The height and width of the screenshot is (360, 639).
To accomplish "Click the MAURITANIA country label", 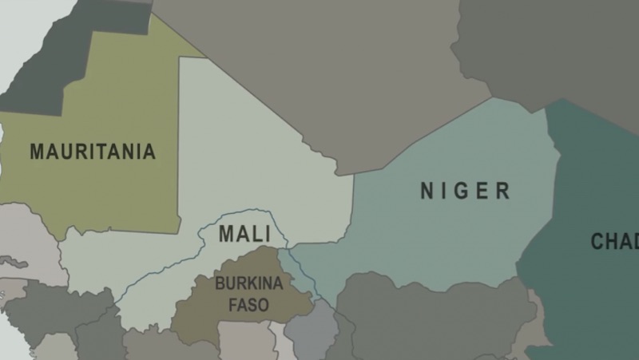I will point(92,152).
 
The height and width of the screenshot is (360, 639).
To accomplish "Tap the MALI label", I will point(244,235).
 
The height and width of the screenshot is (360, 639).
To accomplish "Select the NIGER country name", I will point(465,191).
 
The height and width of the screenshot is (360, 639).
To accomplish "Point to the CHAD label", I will point(616,240).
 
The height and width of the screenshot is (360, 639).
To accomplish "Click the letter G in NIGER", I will point(464,191).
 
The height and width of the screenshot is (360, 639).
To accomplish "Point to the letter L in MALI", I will point(257,235).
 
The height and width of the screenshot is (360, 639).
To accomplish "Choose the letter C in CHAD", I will point(597,240).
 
